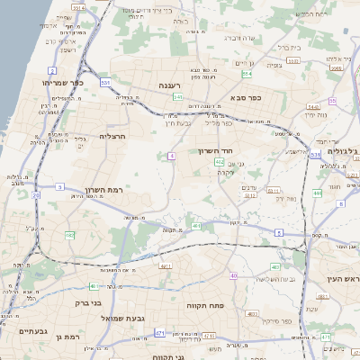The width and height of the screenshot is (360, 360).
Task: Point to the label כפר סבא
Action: [x=246, y=96]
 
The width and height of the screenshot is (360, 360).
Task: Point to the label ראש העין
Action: [x=340, y=278]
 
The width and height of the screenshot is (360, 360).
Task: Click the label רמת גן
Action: [x=67, y=337]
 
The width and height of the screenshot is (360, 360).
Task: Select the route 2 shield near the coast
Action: [x=52, y=69]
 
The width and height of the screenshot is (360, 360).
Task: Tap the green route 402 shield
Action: [x=220, y=161]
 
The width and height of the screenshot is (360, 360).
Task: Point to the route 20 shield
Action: [x=36, y=194]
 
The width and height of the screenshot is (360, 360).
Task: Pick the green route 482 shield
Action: [x=69, y=235]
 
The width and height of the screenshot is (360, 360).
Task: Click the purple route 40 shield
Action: [x=233, y=275]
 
